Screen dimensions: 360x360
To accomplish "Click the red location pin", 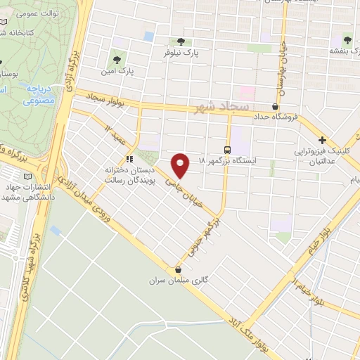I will (x=181, y=165).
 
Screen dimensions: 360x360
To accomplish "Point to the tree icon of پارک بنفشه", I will (x=347, y=39).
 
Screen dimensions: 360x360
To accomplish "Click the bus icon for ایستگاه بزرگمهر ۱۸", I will (x=226, y=149).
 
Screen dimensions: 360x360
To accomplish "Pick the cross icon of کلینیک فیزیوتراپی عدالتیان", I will (x=322, y=140).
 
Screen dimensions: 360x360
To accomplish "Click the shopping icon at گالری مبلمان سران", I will (x=178, y=270).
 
